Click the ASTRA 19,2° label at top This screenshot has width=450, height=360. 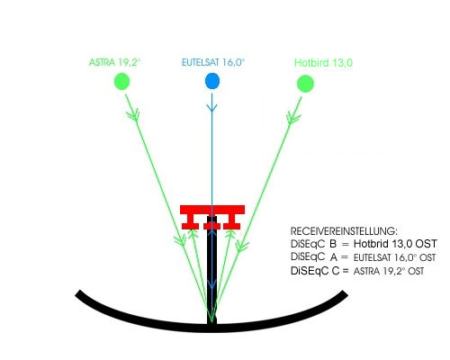[115, 62]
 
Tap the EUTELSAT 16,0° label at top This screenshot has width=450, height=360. [213, 62]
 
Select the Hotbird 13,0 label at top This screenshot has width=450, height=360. [323, 63]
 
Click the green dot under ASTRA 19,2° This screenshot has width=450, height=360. [121, 81]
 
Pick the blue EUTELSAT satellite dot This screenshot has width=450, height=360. [212, 81]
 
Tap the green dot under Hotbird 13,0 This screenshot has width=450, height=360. [305, 84]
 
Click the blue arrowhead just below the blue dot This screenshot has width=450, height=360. [212, 108]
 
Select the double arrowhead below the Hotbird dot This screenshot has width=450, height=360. [293, 117]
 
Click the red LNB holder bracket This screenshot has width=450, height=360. [212, 217]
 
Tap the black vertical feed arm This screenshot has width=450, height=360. [211, 270]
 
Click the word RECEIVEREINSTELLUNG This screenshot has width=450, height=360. [344, 231]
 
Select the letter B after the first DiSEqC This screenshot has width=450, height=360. [333, 244]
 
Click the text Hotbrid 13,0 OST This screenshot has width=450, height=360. [395, 244]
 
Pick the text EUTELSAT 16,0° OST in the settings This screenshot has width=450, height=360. [394, 257]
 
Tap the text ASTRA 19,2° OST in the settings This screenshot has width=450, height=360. [389, 271]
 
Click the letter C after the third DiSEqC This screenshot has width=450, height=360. [336, 271]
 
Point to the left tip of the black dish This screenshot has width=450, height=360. [77, 293]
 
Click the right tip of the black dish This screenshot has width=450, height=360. [346, 293]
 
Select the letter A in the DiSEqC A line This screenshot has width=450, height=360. [334, 257]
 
